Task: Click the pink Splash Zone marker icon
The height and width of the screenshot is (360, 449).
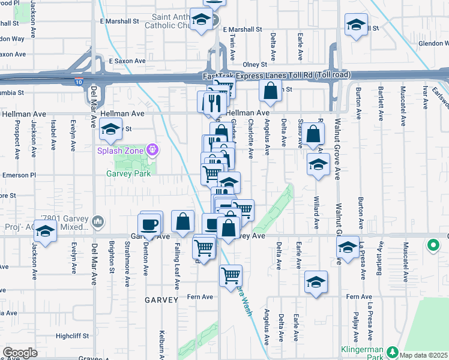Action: [153, 149]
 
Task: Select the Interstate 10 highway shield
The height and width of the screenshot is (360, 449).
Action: [79, 82]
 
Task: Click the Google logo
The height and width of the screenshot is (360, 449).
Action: [20, 352]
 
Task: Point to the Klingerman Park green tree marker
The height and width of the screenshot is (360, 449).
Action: [393, 352]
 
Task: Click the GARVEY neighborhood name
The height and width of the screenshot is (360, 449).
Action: [161, 299]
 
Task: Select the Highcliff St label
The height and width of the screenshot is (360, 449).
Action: [72, 336]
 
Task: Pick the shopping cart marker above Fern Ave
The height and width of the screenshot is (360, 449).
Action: [231, 275]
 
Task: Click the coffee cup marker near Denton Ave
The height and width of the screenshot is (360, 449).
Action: [149, 224]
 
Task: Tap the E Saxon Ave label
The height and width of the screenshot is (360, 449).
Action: [127, 61]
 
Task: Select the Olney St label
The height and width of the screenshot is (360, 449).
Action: [255, 65]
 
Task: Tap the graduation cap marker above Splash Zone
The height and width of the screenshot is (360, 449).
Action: [110, 128]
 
